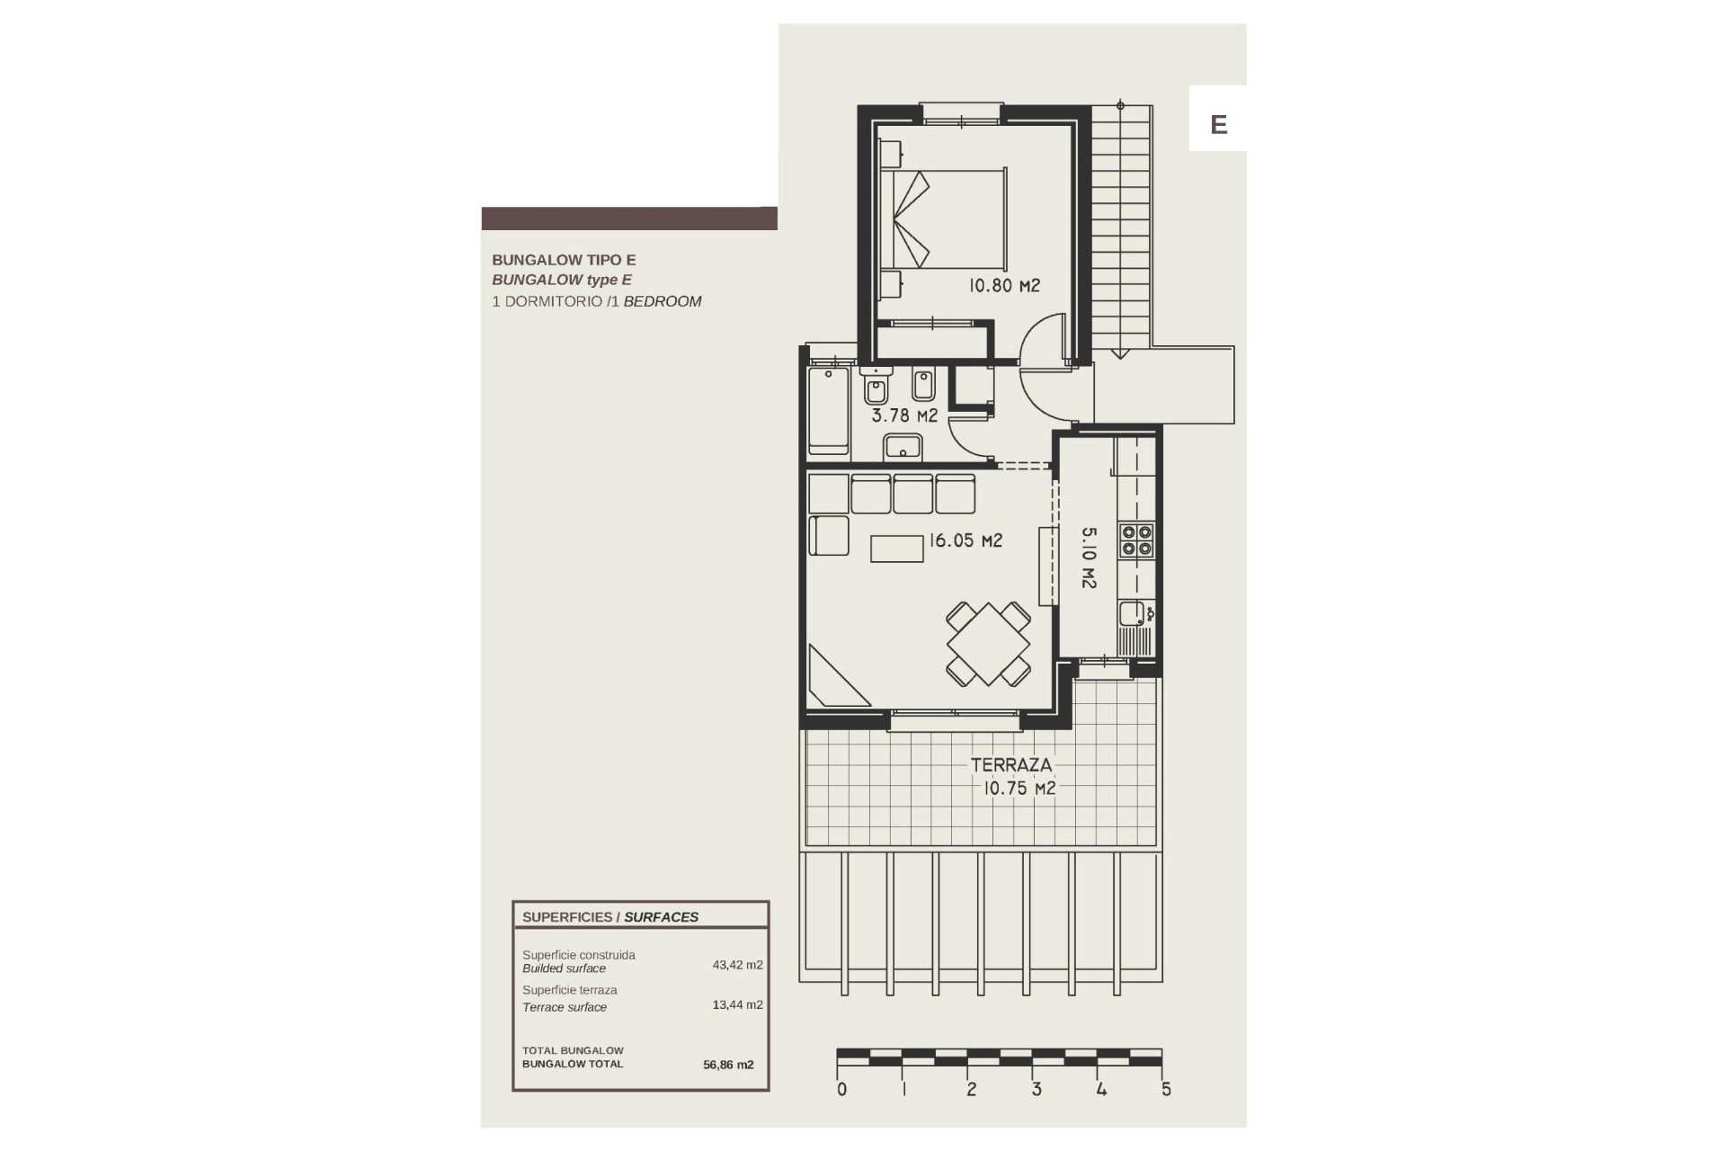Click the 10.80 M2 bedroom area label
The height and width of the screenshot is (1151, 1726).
pyautogui.click(x=1003, y=286)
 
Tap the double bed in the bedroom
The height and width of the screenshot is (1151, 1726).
pyautogui.click(x=944, y=219)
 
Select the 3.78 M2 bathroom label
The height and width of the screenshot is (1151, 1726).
pyautogui.click(x=904, y=415)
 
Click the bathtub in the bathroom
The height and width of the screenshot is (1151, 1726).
pyautogui.click(x=828, y=409)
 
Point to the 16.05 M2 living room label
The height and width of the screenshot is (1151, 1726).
pyautogui.click(x=965, y=540)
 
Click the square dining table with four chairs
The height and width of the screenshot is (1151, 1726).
pyautogui.click(x=987, y=645)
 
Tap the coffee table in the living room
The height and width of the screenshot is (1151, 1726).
pyautogui.click(x=896, y=549)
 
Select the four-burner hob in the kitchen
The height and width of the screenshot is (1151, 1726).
pyautogui.click(x=1135, y=540)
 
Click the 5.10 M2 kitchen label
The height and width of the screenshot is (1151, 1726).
pyautogui.click(x=1089, y=558)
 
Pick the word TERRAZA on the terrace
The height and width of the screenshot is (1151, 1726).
pyautogui.click(x=1010, y=765)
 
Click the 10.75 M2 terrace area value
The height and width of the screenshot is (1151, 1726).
pyautogui.click(x=1019, y=789)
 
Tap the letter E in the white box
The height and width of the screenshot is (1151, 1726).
pyautogui.click(x=1218, y=124)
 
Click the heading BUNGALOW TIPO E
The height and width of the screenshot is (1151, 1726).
pyautogui.click(x=564, y=260)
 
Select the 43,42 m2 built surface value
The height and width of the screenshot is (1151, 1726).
pyautogui.click(x=737, y=965)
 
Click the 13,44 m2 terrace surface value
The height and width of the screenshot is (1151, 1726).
pyautogui.click(x=737, y=1004)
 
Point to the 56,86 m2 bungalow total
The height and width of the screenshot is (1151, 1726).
pyautogui.click(x=728, y=1065)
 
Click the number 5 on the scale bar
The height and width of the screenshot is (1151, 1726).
pyautogui.click(x=1166, y=1090)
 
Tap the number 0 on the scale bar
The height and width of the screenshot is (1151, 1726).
pyautogui.click(x=841, y=1090)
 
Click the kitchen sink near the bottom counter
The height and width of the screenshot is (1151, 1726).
pyautogui.click(x=1131, y=615)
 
